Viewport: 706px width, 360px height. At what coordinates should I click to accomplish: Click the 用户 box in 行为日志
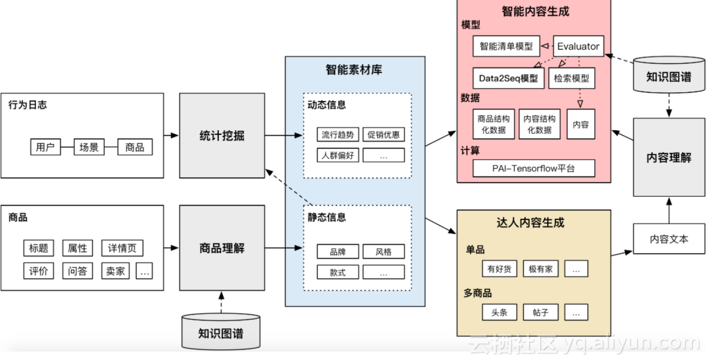pyautogui.click(x=45, y=147)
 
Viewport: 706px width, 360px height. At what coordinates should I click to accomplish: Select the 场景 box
pyautogui.click(x=89, y=147)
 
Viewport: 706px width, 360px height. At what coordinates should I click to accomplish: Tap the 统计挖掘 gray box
pyautogui.click(x=221, y=136)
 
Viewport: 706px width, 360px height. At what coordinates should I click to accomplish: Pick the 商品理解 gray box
pyautogui.click(x=221, y=248)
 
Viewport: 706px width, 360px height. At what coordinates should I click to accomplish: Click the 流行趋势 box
pyautogui.click(x=338, y=135)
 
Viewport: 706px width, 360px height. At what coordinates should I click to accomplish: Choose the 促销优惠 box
pyautogui.click(x=383, y=135)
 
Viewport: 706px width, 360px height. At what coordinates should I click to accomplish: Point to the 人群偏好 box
pyautogui.click(x=338, y=155)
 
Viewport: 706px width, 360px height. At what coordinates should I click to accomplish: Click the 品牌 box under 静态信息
pyautogui.click(x=338, y=251)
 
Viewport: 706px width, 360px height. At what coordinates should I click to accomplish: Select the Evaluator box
pyautogui.click(x=578, y=46)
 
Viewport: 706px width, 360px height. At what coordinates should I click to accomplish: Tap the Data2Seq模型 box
pyautogui.click(x=508, y=79)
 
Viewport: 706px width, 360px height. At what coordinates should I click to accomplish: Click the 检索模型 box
pyautogui.click(x=571, y=79)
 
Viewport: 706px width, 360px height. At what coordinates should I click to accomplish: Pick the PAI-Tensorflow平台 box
pyautogui.click(x=534, y=169)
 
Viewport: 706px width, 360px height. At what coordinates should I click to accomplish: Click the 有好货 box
pyautogui.click(x=499, y=269)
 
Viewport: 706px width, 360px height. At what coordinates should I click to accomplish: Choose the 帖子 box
pyautogui.click(x=540, y=312)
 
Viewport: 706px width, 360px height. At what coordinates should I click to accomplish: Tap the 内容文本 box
pyautogui.click(x=669, y=239)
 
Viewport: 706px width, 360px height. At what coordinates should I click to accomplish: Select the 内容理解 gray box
pyautogui.click(x=669, y=157)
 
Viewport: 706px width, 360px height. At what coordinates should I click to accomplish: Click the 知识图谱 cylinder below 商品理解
pyautogui.click(x=221, y=333)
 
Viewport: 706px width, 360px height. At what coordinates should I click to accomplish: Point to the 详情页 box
pyautogui.click(x=122, y=248)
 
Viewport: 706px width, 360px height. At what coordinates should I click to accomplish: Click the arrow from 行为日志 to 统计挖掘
pyautogui.click(x=171, y=135)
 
